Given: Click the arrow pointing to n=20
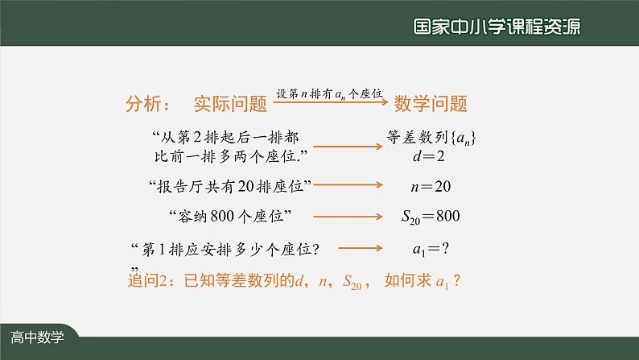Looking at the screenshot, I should [348, 185].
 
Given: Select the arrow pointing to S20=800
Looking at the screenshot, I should [348, 216].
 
